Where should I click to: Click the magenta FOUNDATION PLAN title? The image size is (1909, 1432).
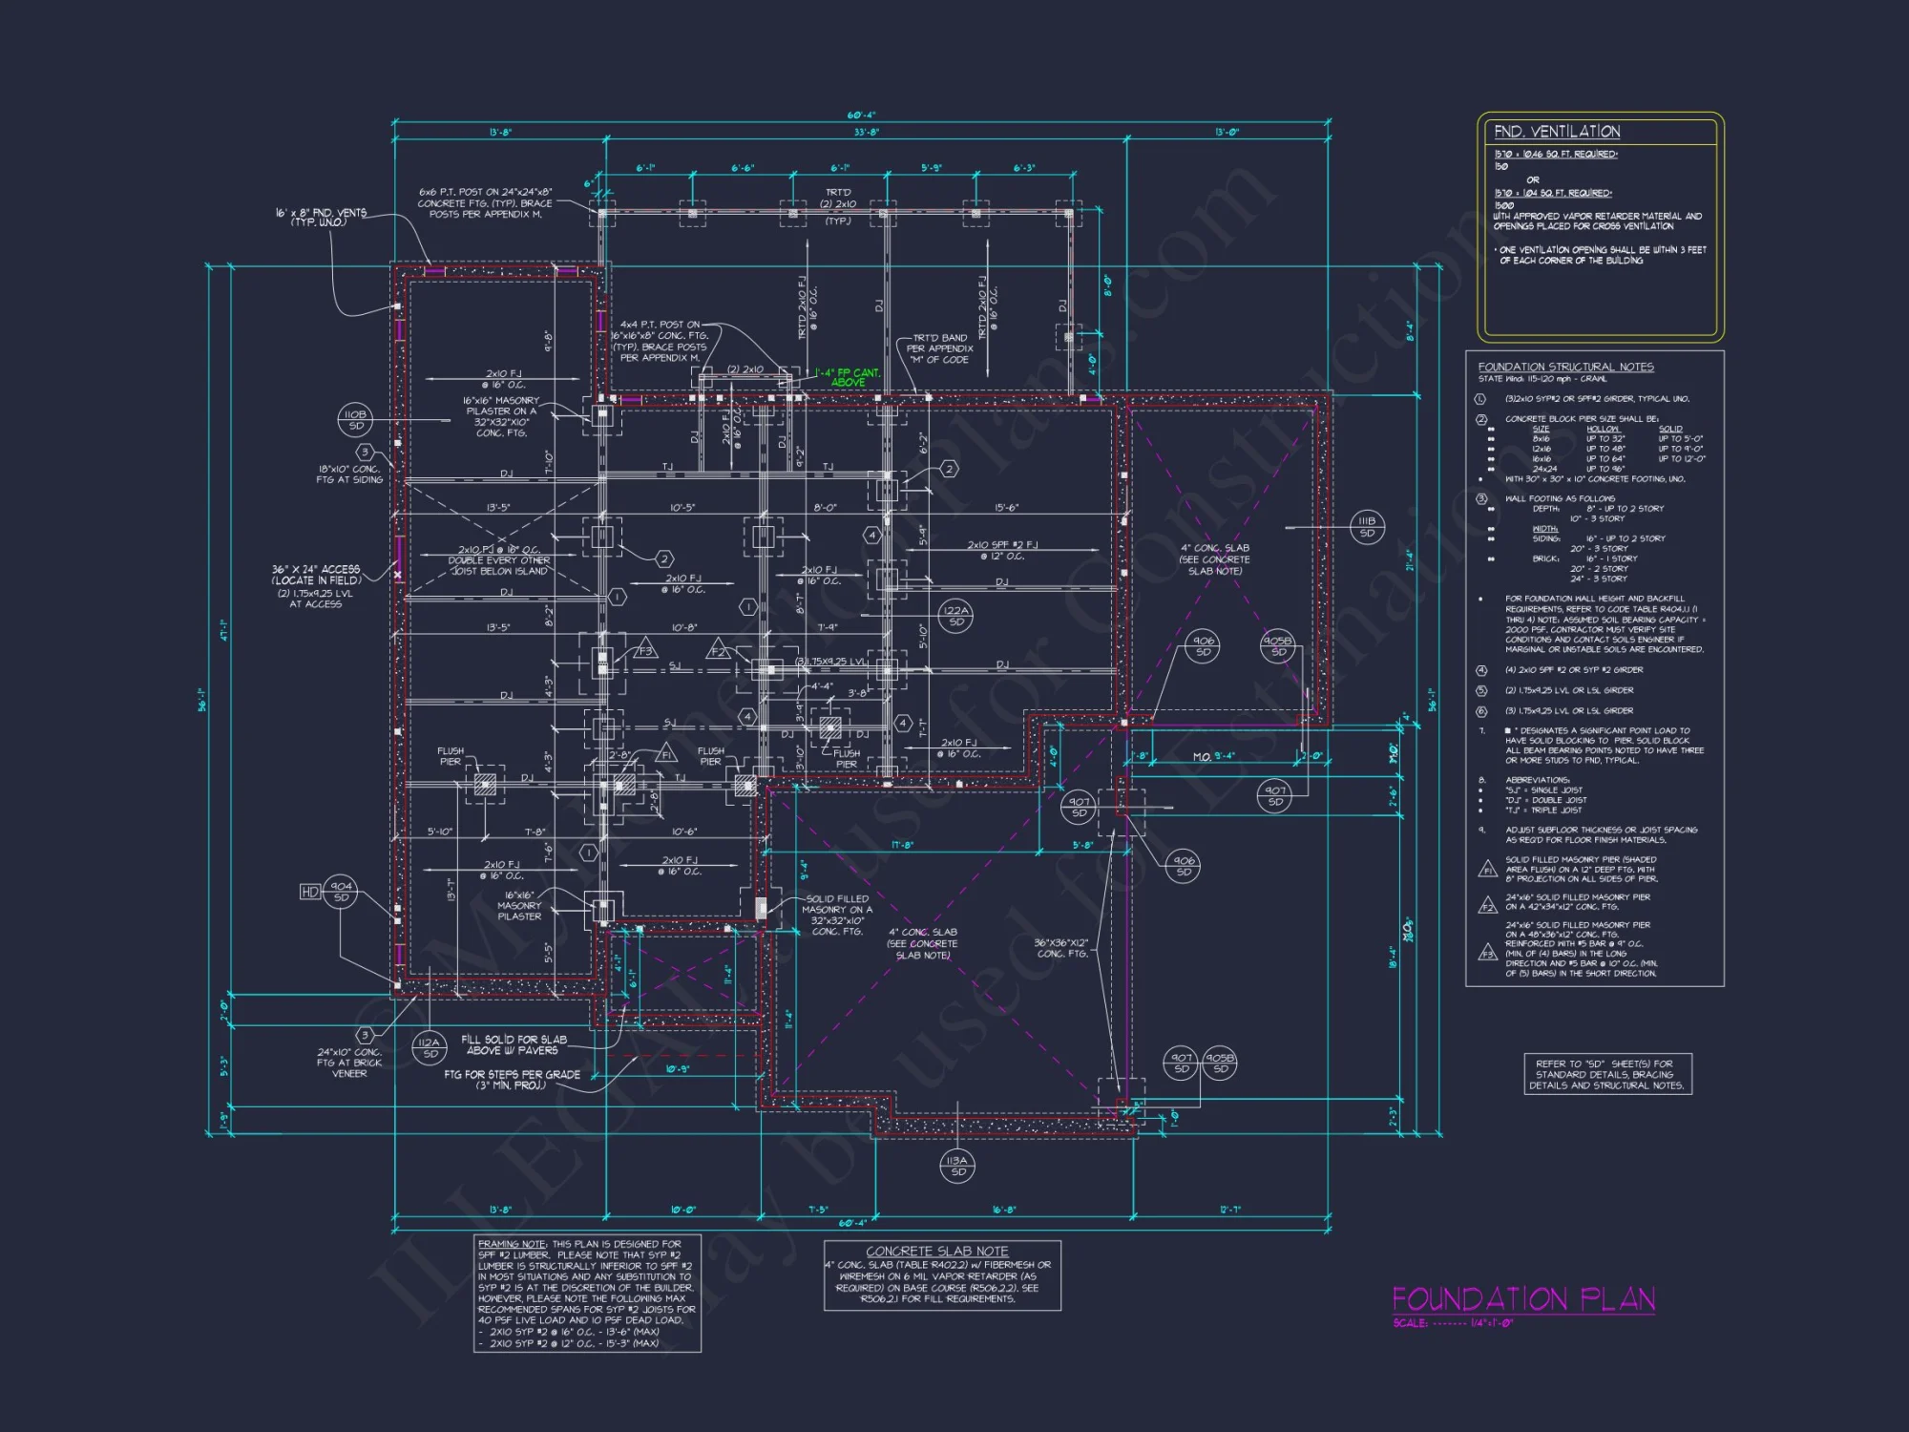tap(1522, 1299)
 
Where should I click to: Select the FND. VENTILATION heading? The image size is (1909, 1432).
tap(1556, 132)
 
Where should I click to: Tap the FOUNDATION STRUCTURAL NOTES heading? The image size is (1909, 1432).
tap(1565, 367)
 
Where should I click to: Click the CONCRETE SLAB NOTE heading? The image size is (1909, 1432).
tap(936, 1251)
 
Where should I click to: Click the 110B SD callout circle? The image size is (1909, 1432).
tap(355, 419)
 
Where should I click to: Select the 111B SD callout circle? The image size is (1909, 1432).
tap(1367, 527)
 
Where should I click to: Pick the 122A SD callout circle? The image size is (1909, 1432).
tap(955, 616)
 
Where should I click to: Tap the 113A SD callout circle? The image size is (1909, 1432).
tap(957, 1166)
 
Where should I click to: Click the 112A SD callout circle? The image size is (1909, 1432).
tap(430, 1047)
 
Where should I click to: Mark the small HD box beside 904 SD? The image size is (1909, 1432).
tap(309, 892)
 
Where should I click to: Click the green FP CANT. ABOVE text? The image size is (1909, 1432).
tap(847, 377)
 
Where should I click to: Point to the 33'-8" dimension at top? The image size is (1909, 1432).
tap(866, 133)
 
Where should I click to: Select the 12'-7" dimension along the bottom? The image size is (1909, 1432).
tap(1229, 1210)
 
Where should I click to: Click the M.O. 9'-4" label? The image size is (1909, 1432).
tap(1213, 756)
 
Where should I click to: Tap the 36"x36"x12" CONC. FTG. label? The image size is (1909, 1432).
tap(1060, 947)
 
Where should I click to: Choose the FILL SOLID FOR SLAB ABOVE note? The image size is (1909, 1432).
tap(514, 1044)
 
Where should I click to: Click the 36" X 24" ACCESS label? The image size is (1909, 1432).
tap(316, 575)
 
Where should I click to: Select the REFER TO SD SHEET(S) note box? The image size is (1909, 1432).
tap(1607, 1074)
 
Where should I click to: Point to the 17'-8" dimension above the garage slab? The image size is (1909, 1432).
tap(902, 845)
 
